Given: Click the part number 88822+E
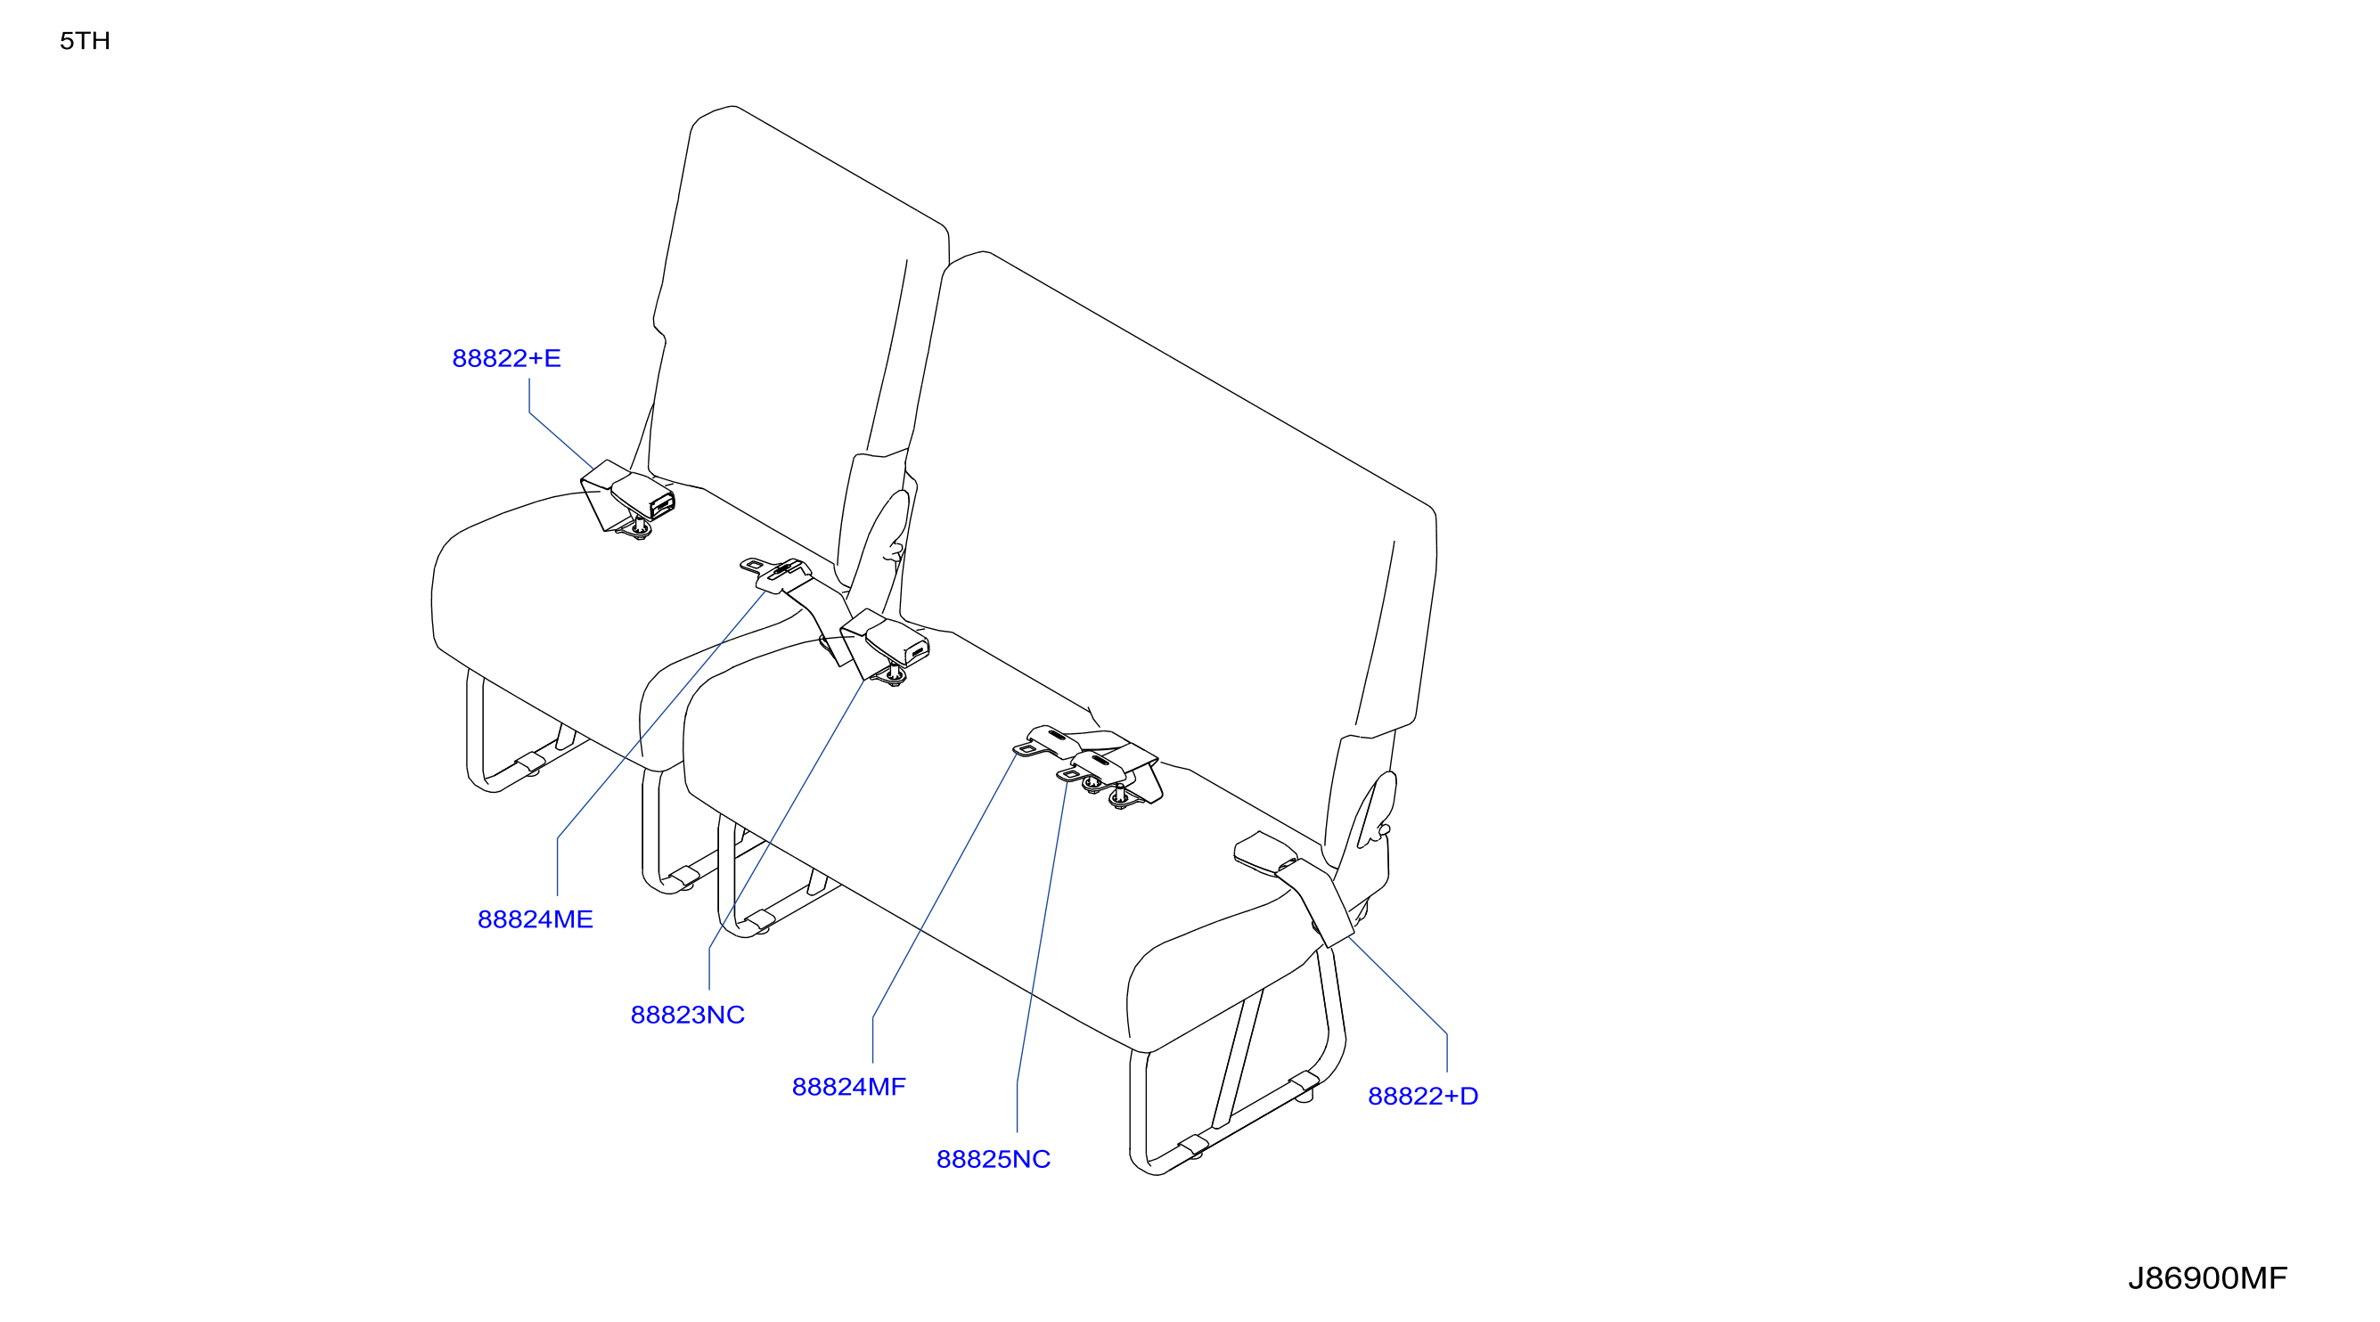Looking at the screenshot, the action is pos(506,358).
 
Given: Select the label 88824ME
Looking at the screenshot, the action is pos(535,919).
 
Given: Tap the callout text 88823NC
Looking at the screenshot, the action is pos(687,1015).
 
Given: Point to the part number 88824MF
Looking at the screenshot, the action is pos(848,1087).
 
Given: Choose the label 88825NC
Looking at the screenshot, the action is pos(994,1158).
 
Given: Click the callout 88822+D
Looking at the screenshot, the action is pos(1423,1096).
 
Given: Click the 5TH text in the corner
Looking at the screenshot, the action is pos(85,41).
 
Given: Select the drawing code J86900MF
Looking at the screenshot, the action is pos(2207,1277).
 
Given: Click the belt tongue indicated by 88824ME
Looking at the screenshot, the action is pos(774,574).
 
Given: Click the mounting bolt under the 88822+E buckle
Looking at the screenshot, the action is pos(638,529).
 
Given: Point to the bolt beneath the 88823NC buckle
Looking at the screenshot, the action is pos(895,677).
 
